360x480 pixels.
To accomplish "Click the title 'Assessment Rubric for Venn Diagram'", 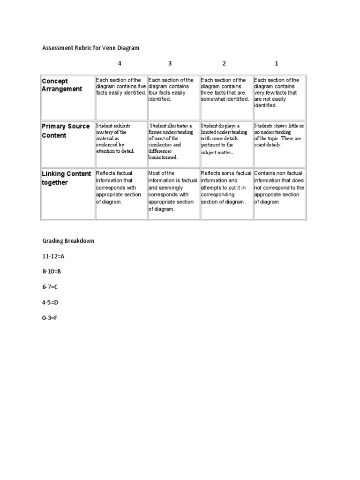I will click(90, 48).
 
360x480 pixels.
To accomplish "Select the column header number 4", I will click(120, 63).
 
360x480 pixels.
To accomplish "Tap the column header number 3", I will click(170, 63).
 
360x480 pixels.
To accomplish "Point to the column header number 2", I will click(224, 63).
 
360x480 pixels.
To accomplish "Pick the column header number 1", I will click(277, 63).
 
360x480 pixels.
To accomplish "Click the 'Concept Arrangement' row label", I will click(62, 85).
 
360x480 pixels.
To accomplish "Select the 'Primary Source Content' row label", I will click(66, 131).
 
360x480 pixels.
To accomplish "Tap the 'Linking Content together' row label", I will click(66, 178).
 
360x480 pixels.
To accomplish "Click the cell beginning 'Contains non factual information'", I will click(279, 187).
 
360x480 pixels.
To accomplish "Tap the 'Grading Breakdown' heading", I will click(68, 240).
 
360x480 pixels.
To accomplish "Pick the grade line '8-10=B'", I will click(52, 271).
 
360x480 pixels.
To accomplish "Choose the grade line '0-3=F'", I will click(50, 318).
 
